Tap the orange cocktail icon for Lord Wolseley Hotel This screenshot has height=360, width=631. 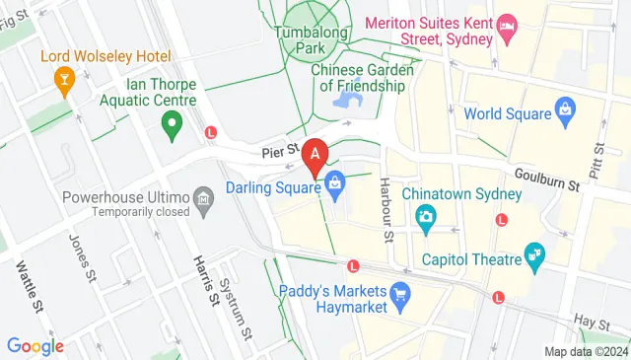click(x=65, y=80)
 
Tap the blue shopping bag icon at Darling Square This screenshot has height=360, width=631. click(x=335, y=183)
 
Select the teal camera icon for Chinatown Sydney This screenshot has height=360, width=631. click(x=426, y=216)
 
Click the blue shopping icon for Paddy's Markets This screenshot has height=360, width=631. click(x=399, y=293)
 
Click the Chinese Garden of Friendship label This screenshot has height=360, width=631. click(x=358, y=78)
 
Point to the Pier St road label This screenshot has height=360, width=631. click(x=280, y=152)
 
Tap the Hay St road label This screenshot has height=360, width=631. click(x=592, y=323)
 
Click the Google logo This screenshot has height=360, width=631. click(x=35, y=346)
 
